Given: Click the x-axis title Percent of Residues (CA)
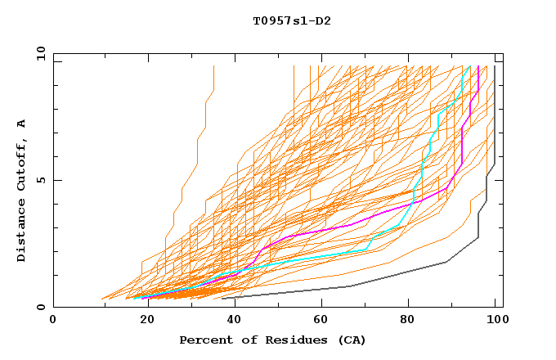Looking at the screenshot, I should (272, 340).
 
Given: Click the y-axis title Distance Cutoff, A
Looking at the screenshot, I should (21, 191).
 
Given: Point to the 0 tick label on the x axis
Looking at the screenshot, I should (54, 320).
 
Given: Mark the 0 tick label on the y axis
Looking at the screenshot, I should (40, 307).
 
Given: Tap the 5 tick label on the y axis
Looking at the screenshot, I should (40, 180).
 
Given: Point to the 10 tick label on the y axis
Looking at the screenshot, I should (38, 53).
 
